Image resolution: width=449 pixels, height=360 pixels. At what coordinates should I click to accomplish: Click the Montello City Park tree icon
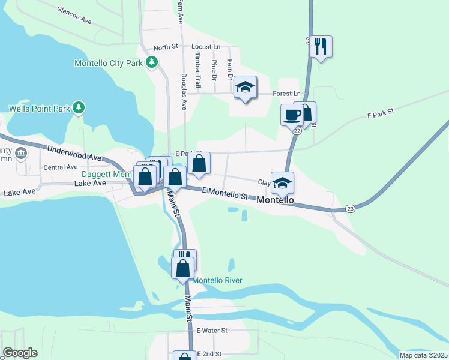point(152,62)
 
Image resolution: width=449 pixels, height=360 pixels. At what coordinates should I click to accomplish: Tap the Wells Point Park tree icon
point(78,108)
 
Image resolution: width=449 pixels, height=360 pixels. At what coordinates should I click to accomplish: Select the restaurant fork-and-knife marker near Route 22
point(321,46)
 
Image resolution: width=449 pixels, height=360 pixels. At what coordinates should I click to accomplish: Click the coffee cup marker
point(292,115)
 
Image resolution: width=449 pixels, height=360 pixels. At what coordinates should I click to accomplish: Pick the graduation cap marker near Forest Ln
point(245,88)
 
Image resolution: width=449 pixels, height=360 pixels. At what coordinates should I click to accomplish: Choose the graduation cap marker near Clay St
point(282,182)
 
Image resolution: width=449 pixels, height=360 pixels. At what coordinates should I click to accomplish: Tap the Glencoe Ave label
point(74,15)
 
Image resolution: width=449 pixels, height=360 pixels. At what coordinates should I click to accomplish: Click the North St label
point(166,47)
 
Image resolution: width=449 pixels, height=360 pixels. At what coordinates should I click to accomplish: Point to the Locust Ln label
point(206,46)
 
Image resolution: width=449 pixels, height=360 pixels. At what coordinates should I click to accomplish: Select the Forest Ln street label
point(286,94)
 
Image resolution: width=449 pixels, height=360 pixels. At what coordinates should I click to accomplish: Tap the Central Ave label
point(60,167)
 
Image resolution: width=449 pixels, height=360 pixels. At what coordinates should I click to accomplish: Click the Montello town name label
point(275,200)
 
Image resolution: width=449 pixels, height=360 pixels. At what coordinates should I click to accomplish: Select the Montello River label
point(217,280)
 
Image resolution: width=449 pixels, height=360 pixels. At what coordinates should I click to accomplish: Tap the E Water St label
point(212,331)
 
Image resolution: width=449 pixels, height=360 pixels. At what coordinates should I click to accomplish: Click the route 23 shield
point(351,208)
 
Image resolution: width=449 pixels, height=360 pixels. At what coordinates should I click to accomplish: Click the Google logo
point(20,353)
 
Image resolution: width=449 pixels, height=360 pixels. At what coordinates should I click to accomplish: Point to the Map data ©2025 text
point(423,355)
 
